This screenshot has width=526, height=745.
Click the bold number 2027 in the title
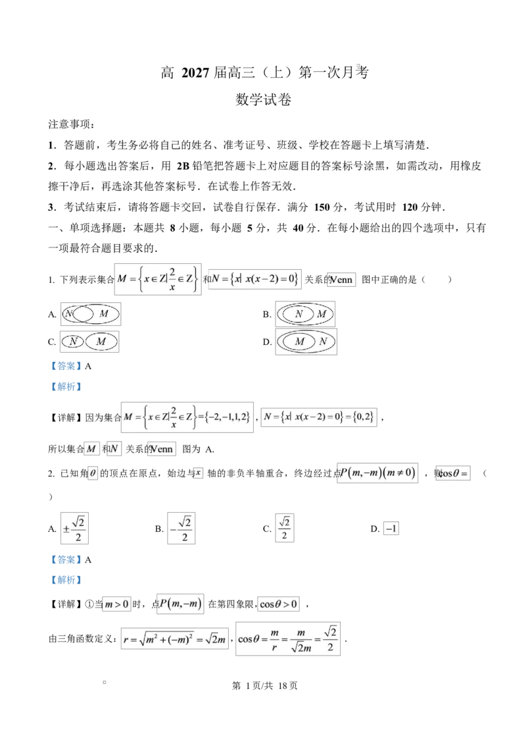(195, 72)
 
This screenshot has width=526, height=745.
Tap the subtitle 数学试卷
(263, 100)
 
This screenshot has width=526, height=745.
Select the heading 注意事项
(71, 124)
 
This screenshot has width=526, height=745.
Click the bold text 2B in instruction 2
(183, 166)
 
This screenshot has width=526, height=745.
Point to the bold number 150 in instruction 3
(322, 207)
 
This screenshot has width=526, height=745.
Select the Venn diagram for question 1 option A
(91, 314)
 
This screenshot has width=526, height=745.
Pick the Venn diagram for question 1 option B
(305, 314)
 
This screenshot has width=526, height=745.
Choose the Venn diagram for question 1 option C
(89, 342)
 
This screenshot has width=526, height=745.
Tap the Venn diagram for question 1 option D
(306, 342)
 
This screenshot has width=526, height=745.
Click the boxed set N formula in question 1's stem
(255, 279)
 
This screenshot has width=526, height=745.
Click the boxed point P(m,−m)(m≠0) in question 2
(377, 473)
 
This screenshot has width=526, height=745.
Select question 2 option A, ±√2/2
(74, 528)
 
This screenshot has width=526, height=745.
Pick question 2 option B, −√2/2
(181, 528)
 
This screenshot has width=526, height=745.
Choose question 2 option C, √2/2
(284, 528)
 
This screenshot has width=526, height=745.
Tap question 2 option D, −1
(391, 528)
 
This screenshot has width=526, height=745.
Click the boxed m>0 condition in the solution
(117, 604)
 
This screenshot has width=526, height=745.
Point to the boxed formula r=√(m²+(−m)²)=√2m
(175, 639)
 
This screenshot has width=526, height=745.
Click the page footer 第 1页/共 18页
(264, 686)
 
